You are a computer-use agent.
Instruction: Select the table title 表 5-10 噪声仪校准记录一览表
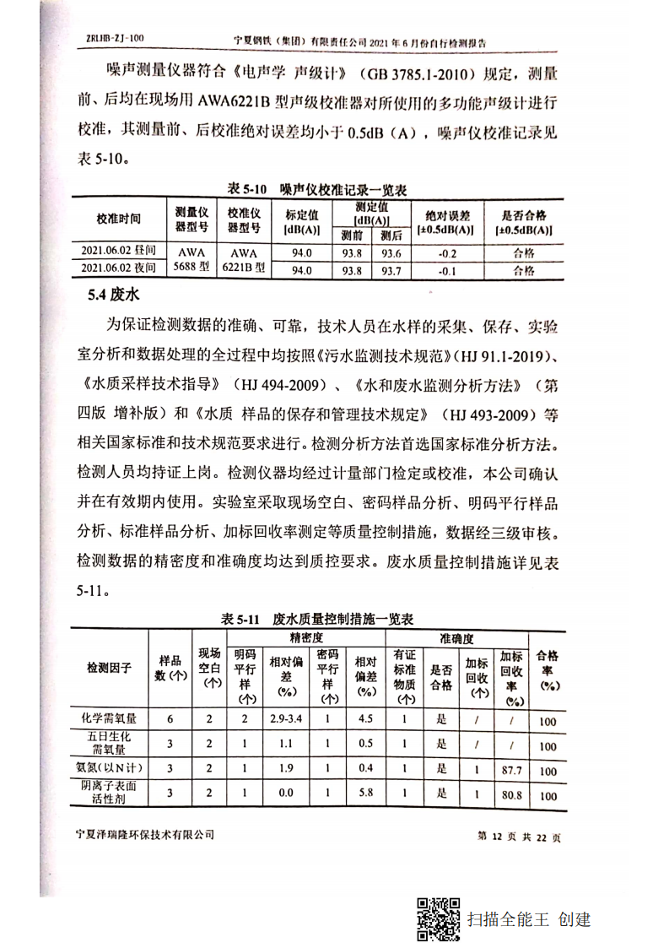(x=317, y=190)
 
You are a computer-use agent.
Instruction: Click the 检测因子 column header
(x=109, y=668)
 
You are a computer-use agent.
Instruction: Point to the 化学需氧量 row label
(x=109, y=720)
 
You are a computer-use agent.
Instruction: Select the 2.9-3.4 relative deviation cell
(x=286, y=719)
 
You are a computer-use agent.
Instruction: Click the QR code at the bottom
(x=438, y=919)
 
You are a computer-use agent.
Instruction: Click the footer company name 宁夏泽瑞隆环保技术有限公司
(x=144, y=835)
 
